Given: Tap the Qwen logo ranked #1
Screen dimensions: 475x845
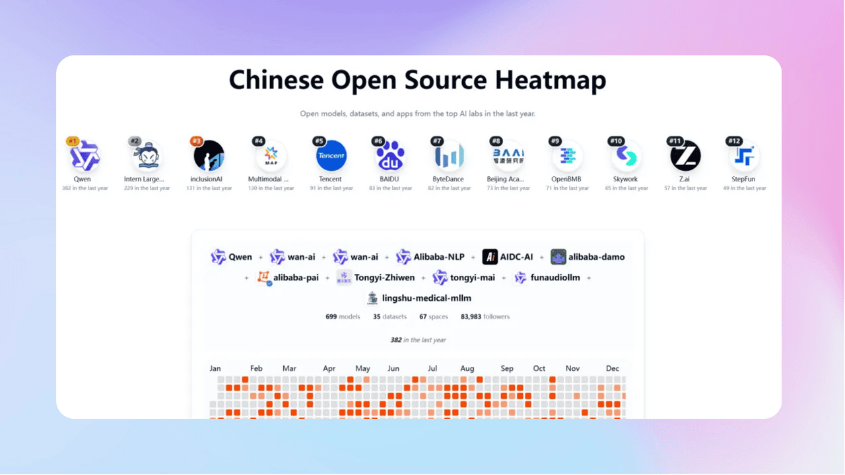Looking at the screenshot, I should (x=84, y=157).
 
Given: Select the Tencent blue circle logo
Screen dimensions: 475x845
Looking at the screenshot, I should (x=331, y=157).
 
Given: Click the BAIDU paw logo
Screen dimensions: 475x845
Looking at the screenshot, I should (x=390, y=157).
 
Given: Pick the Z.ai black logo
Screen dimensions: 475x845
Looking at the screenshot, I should (x=685, y=157).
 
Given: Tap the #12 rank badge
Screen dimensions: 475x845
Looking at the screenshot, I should (x=734, y=141).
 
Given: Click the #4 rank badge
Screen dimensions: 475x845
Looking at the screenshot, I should (x=259, y=141).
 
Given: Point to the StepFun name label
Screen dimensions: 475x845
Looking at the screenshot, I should (x=744, y=179).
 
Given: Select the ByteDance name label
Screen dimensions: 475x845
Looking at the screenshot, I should (x=449, y=179).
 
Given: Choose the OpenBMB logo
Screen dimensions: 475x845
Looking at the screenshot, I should (x=567, y=157).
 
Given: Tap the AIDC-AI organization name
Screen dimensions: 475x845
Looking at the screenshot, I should (x=517, y=257).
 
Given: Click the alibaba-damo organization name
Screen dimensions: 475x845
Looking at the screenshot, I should (x=596, y=257).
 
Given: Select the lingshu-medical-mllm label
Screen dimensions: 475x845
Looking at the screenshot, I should (x=426, y=298).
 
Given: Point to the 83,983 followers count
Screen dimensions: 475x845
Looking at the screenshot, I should (x=485, y=317).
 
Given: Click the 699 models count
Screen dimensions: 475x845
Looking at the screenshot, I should (x=343, y=317).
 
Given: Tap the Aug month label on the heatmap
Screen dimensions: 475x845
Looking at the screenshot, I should (x=467, y=368).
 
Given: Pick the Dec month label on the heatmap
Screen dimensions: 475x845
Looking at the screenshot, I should (x=613, y=368).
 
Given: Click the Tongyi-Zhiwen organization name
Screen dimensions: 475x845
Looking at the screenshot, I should (x=384, y=278).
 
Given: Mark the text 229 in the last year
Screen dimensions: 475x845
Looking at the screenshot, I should (x=147, y=188).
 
